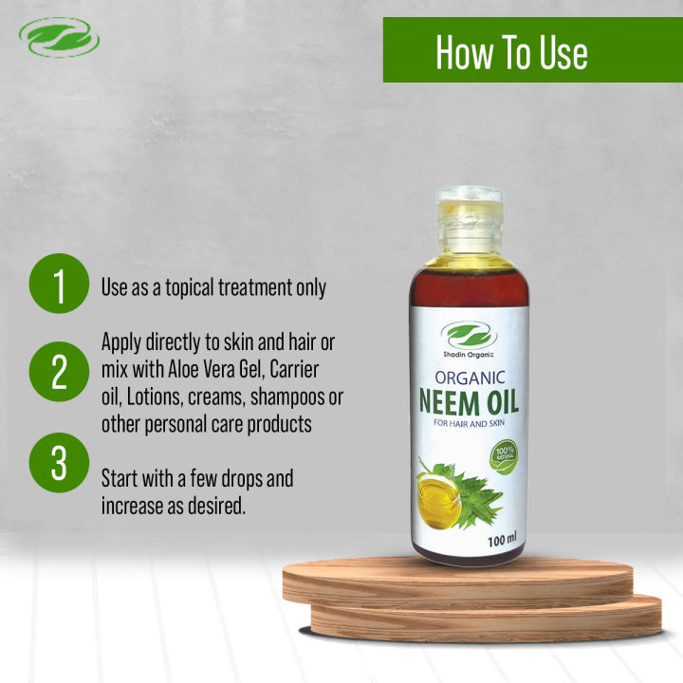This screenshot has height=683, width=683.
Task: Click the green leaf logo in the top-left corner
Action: click(x=59, y=39)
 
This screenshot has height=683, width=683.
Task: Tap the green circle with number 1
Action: click(x=59, y=286)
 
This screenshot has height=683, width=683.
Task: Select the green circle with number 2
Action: click(x=59, y=373)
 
